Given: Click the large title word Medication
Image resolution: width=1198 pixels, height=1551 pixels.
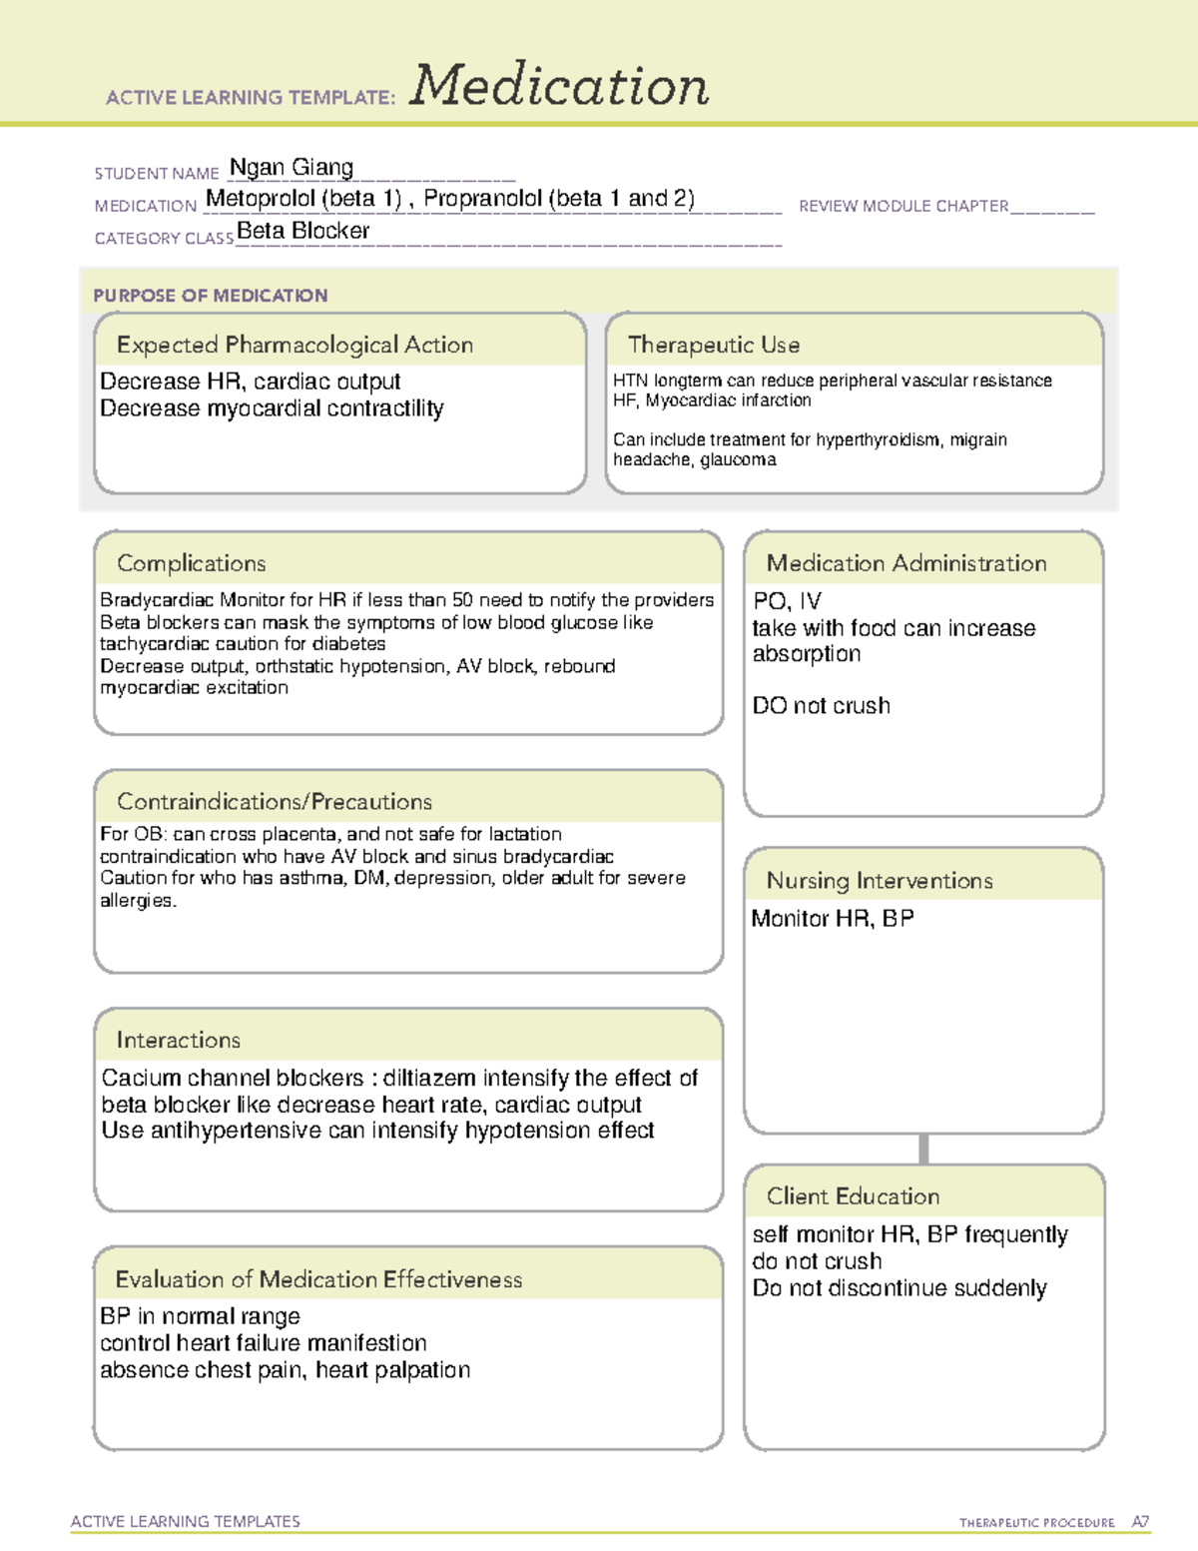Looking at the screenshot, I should tap(559, 86).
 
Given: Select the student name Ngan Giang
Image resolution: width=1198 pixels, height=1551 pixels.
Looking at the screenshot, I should tap(292, 168).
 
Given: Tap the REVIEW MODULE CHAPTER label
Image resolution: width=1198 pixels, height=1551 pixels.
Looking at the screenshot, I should tap(903, 207).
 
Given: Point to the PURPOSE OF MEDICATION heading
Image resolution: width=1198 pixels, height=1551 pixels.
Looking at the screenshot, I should tap(211, 296).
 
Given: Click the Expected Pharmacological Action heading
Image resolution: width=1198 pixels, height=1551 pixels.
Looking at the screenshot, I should tap(295, 346).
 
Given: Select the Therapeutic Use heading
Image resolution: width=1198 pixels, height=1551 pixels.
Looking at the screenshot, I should tap(714, 346).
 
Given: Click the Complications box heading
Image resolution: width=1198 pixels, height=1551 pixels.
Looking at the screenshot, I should tap(192, 564).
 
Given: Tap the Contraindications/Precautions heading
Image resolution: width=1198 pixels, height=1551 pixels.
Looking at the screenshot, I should tap(275, 802).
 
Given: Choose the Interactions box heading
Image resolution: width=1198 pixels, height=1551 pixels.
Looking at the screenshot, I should tap(179, 1041).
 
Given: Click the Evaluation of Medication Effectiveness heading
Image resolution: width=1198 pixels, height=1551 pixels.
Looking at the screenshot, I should tap(318, 1280).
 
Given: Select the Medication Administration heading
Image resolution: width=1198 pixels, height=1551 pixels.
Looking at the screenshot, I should tap(906, 564).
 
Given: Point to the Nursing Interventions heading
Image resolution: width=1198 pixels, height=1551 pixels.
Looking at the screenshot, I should tap(880, 881).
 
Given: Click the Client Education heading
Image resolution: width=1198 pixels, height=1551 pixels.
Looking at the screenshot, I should tap(853, 1196).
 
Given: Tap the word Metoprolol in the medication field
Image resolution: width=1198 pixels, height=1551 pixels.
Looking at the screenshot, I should tap(261, 199).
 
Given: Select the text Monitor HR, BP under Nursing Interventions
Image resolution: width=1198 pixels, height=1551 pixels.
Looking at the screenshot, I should tap(833, 919).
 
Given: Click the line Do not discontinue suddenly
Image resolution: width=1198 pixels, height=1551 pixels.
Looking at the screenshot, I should tap(899, 1288).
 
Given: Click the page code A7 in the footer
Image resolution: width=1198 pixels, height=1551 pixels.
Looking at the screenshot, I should tap(1140, 1522).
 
